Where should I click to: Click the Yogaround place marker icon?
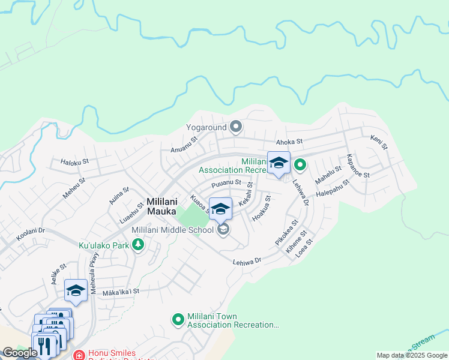point(236,127)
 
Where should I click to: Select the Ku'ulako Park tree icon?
point(138,245)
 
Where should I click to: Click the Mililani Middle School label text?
point(172,230)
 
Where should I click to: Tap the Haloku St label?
point(74,161)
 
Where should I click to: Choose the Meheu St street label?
point(75,187)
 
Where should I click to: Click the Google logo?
point(20,352)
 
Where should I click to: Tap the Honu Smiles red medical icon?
point(79,355)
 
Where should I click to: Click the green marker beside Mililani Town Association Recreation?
point(178,320)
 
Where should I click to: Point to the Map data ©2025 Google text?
point(411,355)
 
